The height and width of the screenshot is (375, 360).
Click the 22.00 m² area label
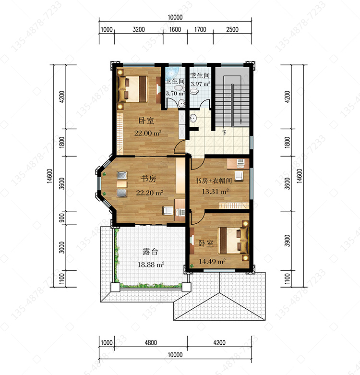pos(148,133)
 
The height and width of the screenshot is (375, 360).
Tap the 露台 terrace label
pos(150,252)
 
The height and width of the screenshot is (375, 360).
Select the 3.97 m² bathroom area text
pos(200,84)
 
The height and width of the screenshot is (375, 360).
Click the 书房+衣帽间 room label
pos(214,181)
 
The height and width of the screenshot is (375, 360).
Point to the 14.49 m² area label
pos(212,261)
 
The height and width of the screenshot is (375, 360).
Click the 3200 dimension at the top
pos(139,29)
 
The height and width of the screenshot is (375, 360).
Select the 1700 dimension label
pos(200,29)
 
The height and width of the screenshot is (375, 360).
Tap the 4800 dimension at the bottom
pos(151,342)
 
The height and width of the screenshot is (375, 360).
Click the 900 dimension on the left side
pos(62,218)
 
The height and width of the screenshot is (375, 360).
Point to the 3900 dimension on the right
pos(288,241)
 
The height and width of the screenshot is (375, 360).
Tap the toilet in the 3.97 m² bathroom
pos(194,92)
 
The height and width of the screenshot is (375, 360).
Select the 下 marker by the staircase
pos(224,132)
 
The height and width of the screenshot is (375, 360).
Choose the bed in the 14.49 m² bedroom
pos(234,240)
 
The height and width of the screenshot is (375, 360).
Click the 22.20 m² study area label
pos(150,193)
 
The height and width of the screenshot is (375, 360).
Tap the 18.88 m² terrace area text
pos(151,264)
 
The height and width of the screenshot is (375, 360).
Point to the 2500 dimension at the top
pos(232,29)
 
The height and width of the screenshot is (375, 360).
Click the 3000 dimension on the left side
pos(62,247)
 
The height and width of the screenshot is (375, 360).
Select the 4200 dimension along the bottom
pos(219,342)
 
